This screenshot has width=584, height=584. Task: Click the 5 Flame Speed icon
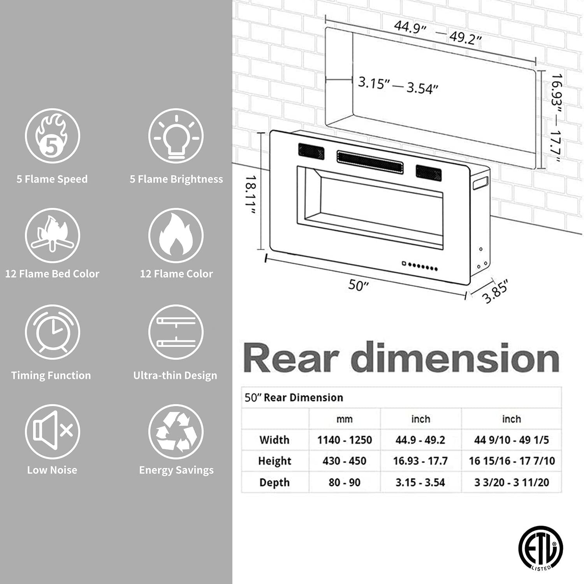[53, 136]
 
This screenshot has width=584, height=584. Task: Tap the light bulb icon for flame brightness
[176, 136]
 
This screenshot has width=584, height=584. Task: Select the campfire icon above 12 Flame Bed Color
[53, 236]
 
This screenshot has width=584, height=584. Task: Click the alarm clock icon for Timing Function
[53, 332]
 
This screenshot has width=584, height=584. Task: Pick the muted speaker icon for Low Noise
[53, 431]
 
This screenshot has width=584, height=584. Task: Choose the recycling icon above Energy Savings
[176, 431]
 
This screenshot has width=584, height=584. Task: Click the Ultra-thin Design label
[175, 376]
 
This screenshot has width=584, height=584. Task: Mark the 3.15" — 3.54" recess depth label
[398, 86]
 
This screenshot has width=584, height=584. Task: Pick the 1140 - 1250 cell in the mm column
[345, 440]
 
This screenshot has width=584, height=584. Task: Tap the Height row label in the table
[274, 461]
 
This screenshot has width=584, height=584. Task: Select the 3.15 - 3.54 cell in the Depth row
[420, 482]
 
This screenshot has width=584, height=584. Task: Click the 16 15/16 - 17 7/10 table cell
[512, 461]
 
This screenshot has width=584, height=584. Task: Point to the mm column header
[345, 419]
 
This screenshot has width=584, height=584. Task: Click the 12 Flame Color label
[176, 274]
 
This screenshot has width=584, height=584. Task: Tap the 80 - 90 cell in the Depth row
[345, 482]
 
